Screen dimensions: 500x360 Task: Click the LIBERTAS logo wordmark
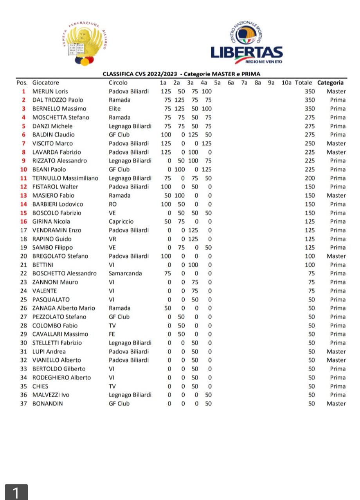tap(247, 52)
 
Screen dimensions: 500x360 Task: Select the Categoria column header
tap(330, 83)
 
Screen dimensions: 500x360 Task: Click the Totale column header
tap(303, 83)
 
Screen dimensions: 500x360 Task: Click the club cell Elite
tap(115, 109)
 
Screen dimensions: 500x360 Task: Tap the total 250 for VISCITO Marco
tap(310, 144)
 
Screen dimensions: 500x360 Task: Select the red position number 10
tap(23, 169)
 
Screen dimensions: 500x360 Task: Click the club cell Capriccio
tap(121, 221)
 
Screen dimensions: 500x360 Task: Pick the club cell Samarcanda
tap(125, 273)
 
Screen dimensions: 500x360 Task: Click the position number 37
tap(23, 403)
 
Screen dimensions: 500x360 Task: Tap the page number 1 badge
tap(16, 492)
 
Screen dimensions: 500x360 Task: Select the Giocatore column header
tap(45, 83)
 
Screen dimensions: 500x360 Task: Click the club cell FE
tap(112, 334)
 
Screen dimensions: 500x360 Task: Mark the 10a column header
tap(286, 83)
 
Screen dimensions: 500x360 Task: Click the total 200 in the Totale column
tap(310, 178)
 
